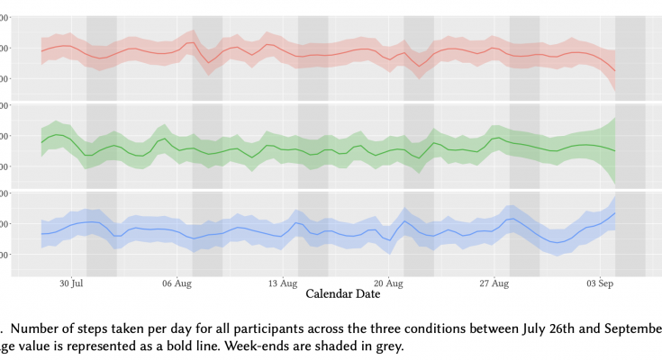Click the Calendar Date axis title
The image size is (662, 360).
click(x=343, y=294)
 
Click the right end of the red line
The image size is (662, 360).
click(x=615, y=71)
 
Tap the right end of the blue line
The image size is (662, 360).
click(x=615, y=212)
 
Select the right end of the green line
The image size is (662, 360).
click(x=615, y=150)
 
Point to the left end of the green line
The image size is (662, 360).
click(x=41, y=142)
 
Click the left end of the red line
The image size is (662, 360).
click(x=41, y=50)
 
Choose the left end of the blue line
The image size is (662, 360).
click(x=41, y=234)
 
